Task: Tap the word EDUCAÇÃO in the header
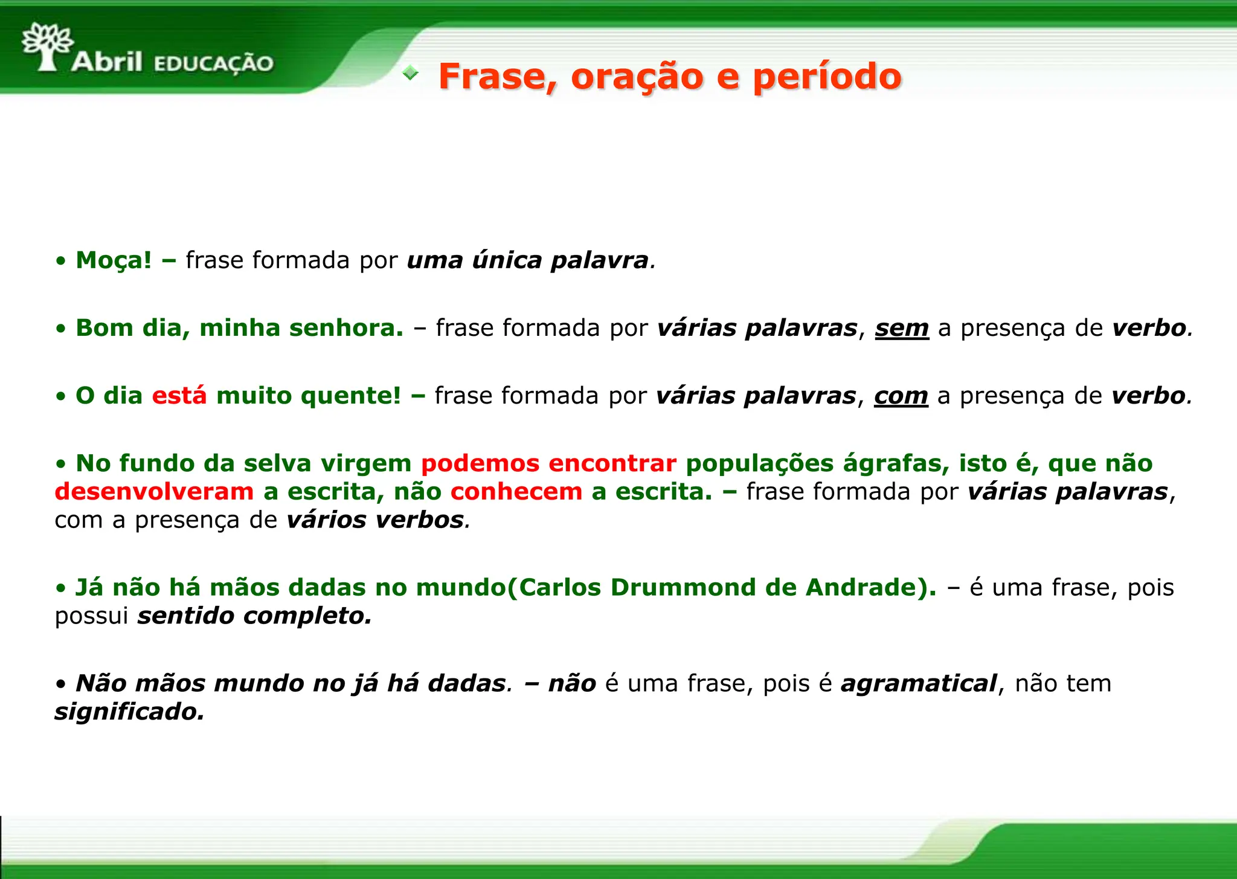pyautogui.click(x=214, y=63)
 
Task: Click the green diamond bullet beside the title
pyautogui.click(x=410, y=73)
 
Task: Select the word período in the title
pyautogui.click(x=827, y=77)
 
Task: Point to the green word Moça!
pyautogui.click(x=114, y=260)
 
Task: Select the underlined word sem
pyautogui.click(x=902, y=328)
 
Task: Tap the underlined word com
pyautogui.click(x=901, y=396)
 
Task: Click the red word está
pyautogui.click(x=179, y=396)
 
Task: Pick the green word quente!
pyautogui.click(x=350, y=396)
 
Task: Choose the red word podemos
pyautogui.click(x=480, y=463)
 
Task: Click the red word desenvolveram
pyautogui.click(x=154, y=492)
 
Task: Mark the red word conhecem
pyautogui.click(x=516, y=492)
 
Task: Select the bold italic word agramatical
pyautogui.click(x=918, y=683)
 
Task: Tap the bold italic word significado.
pyautogui.click(x=129, y=712)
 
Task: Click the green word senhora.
pyautogui.click(x=345, y=328)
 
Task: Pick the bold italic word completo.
pyautogui.click(x=307, y=616)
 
